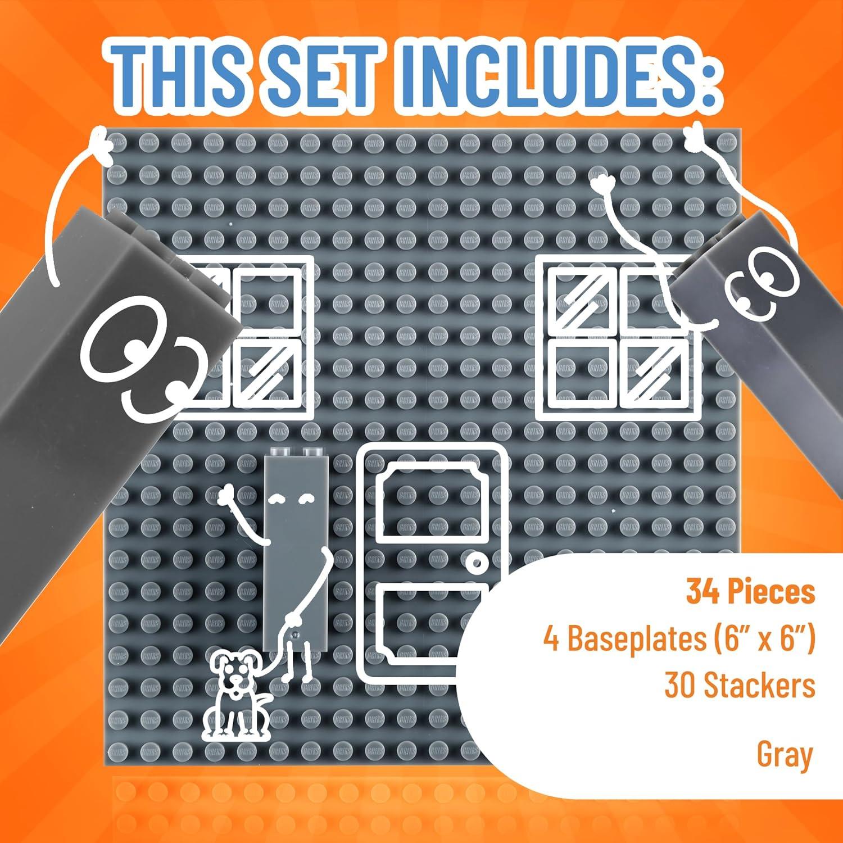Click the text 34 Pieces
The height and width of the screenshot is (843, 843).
tap(750, 592)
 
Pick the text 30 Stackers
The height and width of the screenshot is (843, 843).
tap(739, 685)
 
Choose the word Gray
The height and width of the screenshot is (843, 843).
tap(785, 754)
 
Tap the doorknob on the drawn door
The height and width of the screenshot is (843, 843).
tap(477, 563)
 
